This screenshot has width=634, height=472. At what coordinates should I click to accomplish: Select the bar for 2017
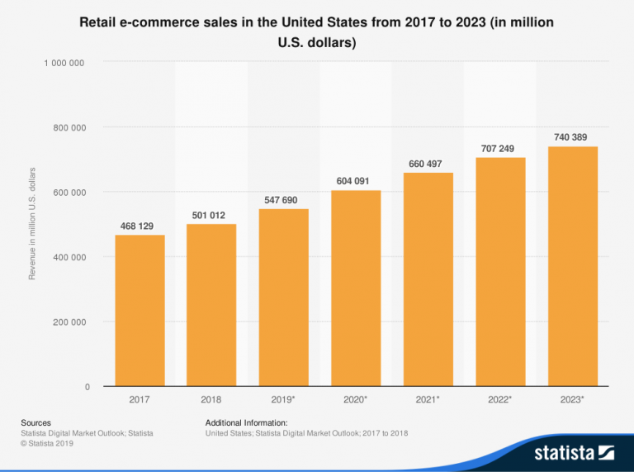point(140,311)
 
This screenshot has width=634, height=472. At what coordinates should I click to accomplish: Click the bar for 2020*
point(356,288)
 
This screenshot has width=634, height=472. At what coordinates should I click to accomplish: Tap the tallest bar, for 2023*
point(572,266)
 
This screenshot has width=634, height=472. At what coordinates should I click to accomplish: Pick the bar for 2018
point(211,305)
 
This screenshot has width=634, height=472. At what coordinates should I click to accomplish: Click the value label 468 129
point(136,226)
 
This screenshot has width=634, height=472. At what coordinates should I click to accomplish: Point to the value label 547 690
point(281,200)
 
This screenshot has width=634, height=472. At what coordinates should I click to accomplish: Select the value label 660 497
point(425,164)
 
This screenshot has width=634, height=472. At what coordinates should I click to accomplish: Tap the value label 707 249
point(497,149)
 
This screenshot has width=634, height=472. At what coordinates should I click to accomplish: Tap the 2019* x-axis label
point(284,399)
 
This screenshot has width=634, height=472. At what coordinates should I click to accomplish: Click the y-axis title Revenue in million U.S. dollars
point(33,223)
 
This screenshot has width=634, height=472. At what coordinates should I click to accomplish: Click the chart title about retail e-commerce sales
point(316,32)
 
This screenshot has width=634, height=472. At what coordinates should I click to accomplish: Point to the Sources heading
point(35,422)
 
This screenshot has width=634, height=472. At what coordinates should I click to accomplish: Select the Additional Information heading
point(246,422)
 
